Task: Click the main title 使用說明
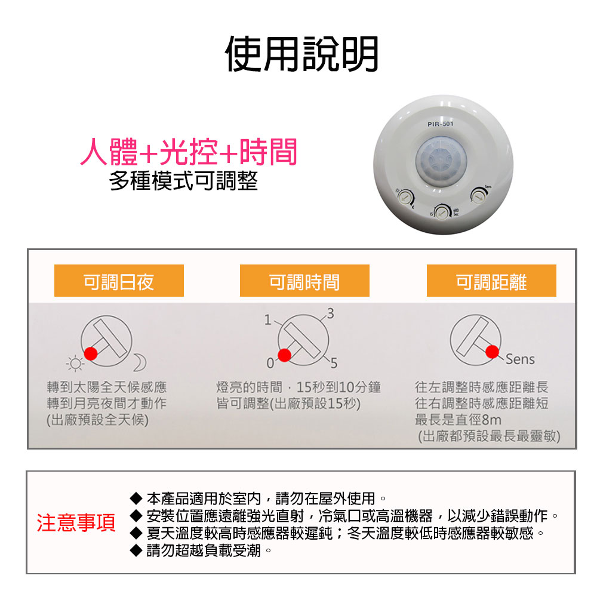click(301, 54)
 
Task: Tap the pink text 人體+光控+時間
click(189, 152)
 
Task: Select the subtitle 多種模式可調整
click(184, 181)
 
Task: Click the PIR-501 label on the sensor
click(441, 124)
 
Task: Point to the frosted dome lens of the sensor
click(441, 161)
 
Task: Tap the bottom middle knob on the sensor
click(442, 211)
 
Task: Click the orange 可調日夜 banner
click(119, 281)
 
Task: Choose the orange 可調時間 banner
click(304, 281)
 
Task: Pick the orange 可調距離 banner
click(491, 281)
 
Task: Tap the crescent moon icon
click(139, 361)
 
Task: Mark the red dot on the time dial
click(285, 355)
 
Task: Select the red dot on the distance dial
click(492, 350)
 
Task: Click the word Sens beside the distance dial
click(520, 359)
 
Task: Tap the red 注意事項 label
click(76, 522)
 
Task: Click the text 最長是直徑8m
click(458, 420)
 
